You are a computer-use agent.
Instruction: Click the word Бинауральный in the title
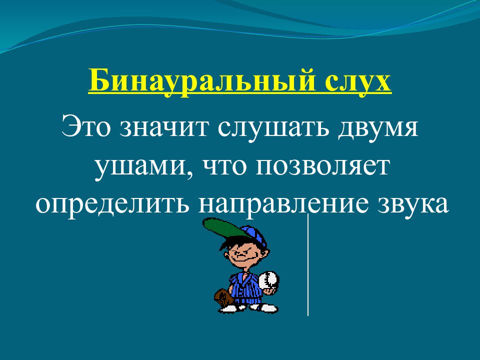coord(196,81)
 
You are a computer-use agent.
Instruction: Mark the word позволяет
coord(323,166)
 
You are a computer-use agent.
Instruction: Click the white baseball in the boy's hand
coord(270,278)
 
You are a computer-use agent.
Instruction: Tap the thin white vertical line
coord(307,265)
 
